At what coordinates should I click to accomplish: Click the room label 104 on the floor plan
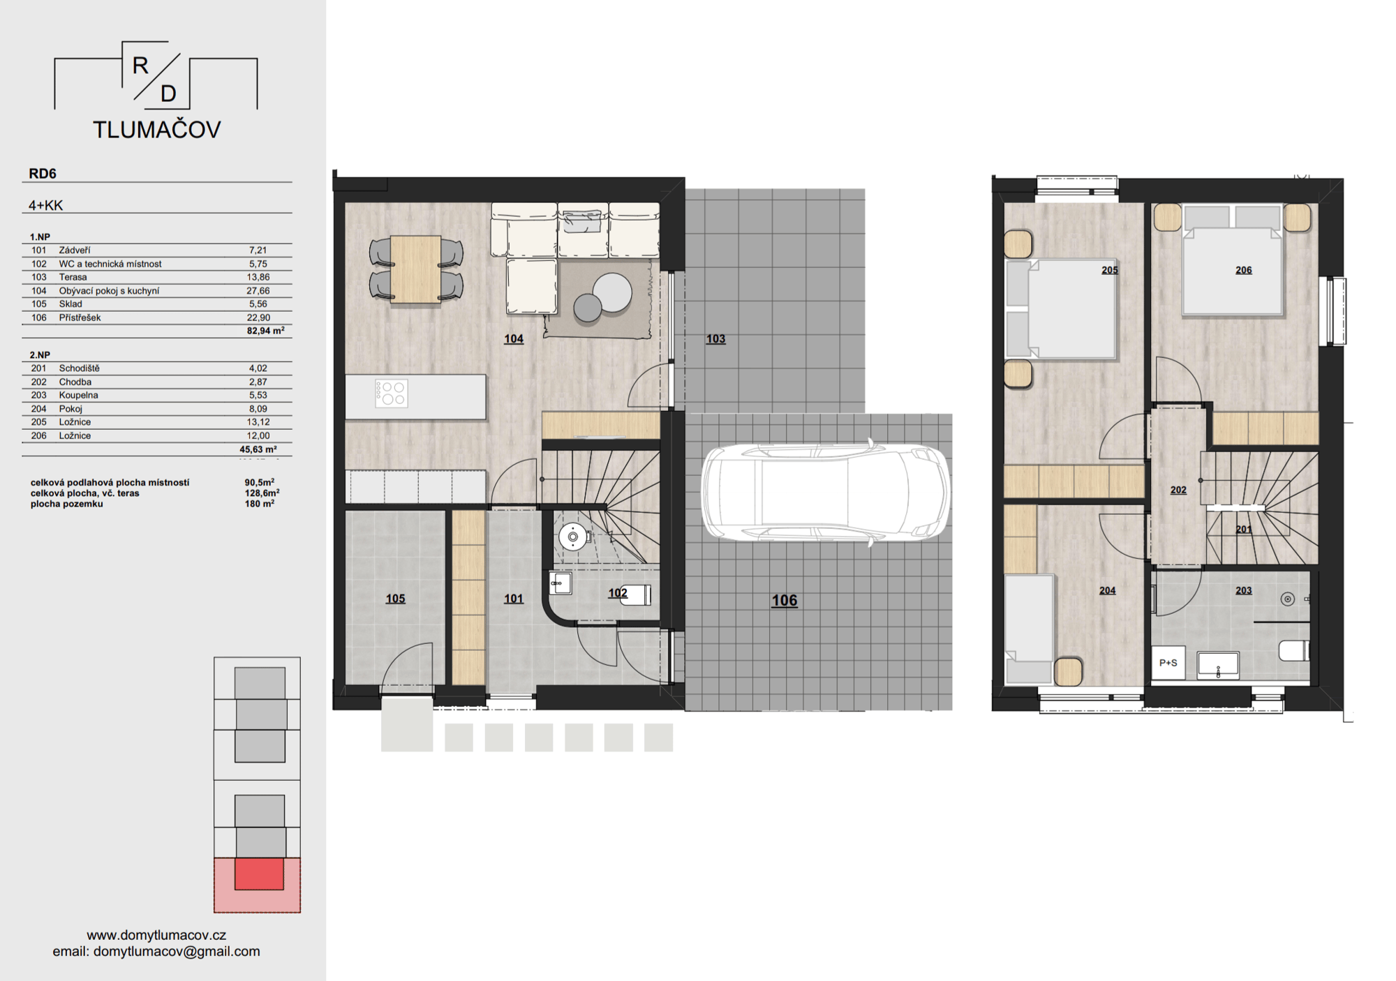click(x=514, y=339)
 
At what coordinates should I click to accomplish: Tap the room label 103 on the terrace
click(x=715, y=339)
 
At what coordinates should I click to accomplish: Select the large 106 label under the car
click(x=784, y=600)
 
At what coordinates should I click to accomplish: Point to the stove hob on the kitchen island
click(x=391, y=393)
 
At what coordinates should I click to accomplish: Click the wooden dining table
click(x=415, y=269)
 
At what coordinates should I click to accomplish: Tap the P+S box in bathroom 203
click(x=1168, y=663)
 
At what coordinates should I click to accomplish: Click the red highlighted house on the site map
click(x=259, y=874)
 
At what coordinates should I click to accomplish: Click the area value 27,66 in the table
click(x=258, y=290)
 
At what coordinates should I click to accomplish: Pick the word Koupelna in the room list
click(x=79, y=395)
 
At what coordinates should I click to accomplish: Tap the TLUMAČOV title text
click(x=157, y=130)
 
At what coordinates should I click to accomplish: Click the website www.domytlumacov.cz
click(x=156, y=935)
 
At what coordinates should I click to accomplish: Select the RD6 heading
click(x=43, y=174)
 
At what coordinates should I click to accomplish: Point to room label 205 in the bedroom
click(x=1109, y=270)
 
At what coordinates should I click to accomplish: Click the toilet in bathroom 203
click(x=1293, y=651)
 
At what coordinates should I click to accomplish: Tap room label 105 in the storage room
click(x=395, y=599)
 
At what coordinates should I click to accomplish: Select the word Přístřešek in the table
click(x=80, y=317)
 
